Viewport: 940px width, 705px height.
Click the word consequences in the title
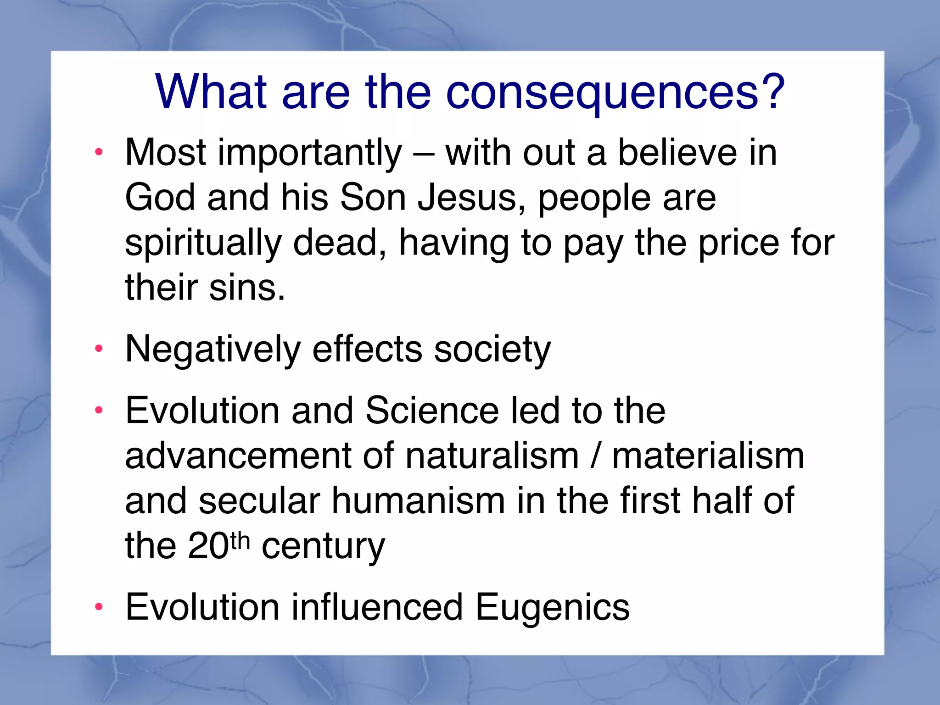(x=602, y=93)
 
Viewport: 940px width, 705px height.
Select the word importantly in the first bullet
(x=309, y=154)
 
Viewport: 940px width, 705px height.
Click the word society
(x=492, y=350)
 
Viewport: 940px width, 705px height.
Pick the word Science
(x=432, y=411)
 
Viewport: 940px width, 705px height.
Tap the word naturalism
(x=492, y=456)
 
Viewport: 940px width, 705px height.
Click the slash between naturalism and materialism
(x=596, y=456)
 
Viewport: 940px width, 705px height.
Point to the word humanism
(x=418, y=501)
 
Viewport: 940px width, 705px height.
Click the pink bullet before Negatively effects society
(x=99, y=350)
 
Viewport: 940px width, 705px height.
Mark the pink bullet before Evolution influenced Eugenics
(x=99, y=607)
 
